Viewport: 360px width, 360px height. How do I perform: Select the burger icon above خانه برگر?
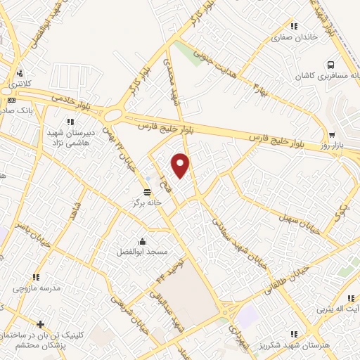click(x=146, y=191)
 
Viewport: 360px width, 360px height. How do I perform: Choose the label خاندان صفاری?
click(x=294, y=35)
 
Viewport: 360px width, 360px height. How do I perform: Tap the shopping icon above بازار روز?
click(x=331, y=135)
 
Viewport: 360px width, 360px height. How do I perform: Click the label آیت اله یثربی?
click(x=337, y=309)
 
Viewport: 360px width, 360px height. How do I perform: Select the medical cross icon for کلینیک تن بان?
click(x=41, y=324)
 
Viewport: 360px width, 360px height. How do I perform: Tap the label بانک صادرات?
click(x=14, y=110)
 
